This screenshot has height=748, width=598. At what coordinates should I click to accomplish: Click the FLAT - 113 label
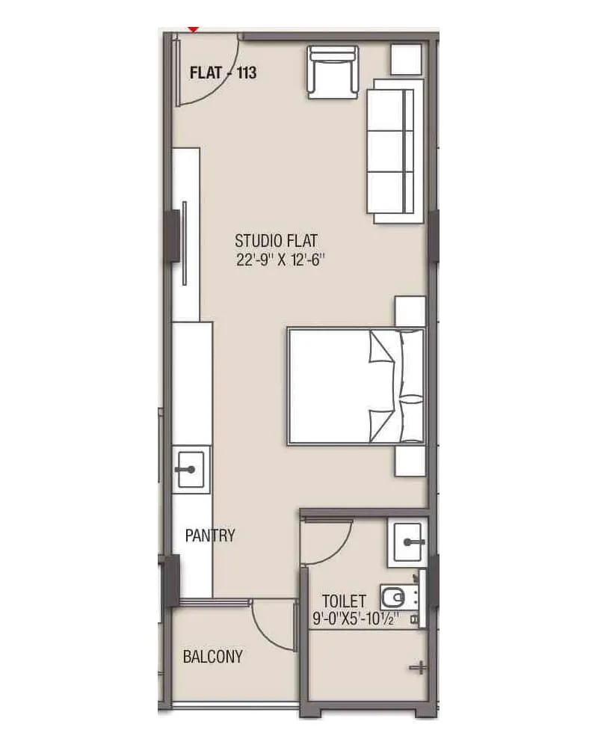[x=224, y=73]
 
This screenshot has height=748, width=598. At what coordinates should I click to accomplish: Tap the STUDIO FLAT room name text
[x=277, y=241]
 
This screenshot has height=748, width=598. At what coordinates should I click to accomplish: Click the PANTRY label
[x=210, y=536]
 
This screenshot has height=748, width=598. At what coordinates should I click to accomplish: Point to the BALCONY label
[x=213, y=657]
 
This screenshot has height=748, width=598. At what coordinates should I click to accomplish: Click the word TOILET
[x=344, y=601]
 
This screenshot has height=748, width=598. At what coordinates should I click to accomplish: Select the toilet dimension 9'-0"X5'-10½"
[x=356, y=619]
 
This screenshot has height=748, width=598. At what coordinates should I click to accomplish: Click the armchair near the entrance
[x=333, y=72]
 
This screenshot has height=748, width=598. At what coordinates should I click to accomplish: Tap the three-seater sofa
[x=390, y=150]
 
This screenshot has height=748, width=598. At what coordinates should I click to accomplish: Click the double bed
[x=356, y=387]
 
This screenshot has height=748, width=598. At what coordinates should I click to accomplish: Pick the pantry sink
[x=191, y=470]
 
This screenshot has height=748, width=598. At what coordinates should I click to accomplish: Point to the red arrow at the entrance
[x=194, y=28]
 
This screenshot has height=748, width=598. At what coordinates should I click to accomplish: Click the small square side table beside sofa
[x=407, y=59]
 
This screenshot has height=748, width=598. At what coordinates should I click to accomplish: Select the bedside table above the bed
[x=410, y=311]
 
